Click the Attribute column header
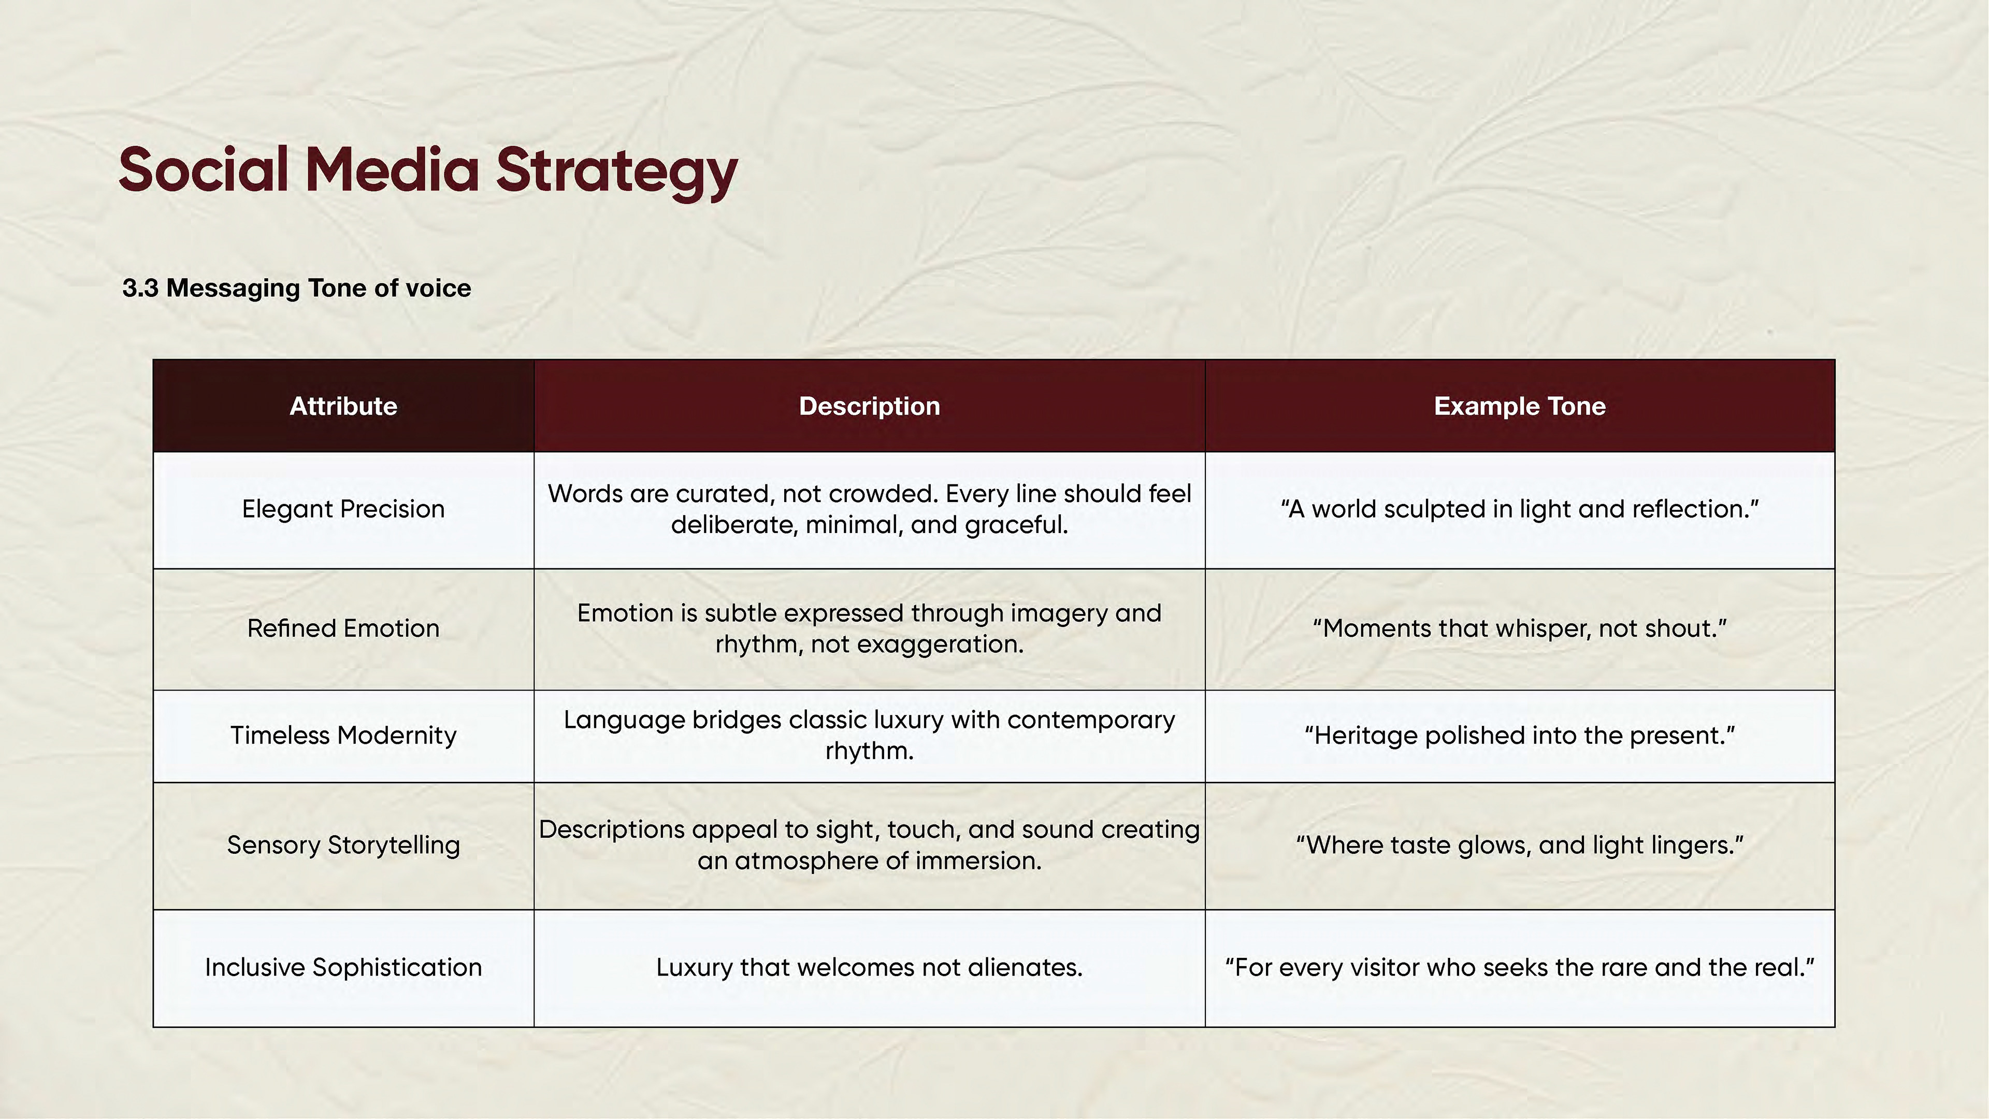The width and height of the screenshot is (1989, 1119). pyautogui.click(x=343, y=406)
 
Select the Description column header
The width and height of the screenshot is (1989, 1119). pyautogui.click(x=870, y=406)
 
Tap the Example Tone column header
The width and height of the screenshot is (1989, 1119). pyautogui.click(x=1520, y=406)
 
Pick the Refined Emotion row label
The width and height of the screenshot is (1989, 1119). pyautogui.click(x=343, y=628)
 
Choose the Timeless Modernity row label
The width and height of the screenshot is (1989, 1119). pyautogui.click(x=343, y=735)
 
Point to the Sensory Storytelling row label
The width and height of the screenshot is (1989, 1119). pyautogui.click(x=343, y=845)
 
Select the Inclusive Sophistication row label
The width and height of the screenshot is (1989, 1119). pyautogui.click(x=343, y=968)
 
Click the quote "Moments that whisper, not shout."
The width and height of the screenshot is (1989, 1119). pyautogui.click(x=1520, y=628)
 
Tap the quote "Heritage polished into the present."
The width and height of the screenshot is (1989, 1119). pyautogui.click(x=1520, y=735)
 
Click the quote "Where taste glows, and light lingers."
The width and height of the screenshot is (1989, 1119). pyautogui.click(x=1520, y=845)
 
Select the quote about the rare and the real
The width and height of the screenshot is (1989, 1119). pyautogui.click(x=1520, y=968)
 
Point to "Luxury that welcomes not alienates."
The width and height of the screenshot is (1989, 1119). pyautogui.click(x=870, y=968)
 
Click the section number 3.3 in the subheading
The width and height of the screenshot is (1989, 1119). pyautogui.click(x=140, y=288)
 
